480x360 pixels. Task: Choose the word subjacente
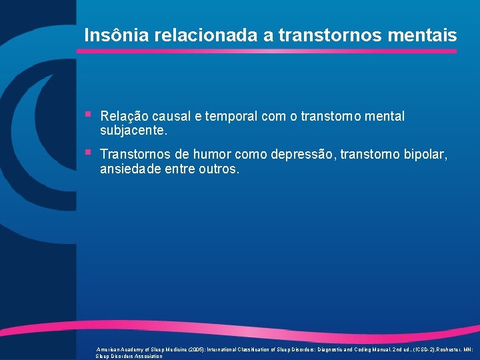(134, 130)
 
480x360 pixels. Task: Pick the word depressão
(303, 155)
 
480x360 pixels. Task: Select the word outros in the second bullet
(218, 169)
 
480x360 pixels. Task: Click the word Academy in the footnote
(133, 349)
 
